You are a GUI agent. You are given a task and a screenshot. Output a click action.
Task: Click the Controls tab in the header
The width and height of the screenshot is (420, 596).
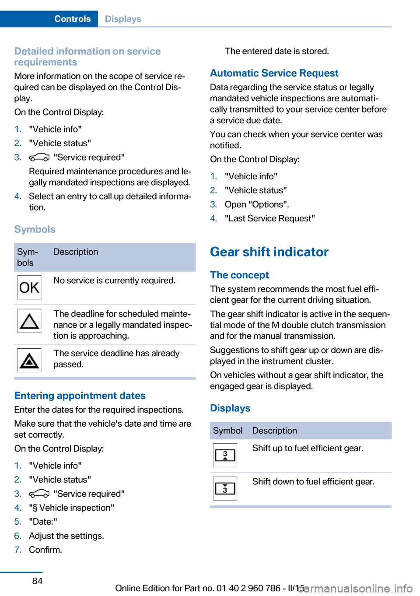72,19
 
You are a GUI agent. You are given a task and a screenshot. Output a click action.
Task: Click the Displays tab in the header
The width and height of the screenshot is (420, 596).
123,19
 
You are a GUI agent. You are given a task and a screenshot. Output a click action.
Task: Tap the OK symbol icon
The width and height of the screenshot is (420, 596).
29,287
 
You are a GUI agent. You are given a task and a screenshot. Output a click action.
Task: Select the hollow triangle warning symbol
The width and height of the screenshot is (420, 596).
29,321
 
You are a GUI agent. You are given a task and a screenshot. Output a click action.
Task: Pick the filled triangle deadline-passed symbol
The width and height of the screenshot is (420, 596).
29,360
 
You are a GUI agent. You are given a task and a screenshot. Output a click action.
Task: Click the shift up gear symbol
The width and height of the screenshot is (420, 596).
225,455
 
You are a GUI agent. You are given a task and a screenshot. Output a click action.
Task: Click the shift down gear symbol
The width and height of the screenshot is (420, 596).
225,488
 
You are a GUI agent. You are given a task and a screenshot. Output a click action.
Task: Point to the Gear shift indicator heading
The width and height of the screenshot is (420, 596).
269,252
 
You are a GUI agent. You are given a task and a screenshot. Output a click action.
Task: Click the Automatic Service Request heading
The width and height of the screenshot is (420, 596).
274,73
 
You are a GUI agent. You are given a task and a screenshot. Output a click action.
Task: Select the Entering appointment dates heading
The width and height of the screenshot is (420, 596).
80,396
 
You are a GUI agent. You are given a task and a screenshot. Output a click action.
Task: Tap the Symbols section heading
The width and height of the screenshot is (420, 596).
35,229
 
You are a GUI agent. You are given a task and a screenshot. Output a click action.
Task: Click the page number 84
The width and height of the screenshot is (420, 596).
38,581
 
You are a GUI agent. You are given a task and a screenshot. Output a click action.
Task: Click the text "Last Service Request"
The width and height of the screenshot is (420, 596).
269,218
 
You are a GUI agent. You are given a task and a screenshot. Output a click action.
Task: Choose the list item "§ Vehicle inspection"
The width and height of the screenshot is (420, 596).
72,508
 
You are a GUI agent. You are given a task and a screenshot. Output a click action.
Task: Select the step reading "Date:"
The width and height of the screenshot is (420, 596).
43,522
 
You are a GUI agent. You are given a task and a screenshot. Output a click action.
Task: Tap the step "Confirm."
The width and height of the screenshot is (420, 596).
45,550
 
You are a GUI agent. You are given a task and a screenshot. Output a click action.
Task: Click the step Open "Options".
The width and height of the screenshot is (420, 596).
257,204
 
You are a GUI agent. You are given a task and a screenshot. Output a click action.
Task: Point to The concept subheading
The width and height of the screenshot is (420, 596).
239,275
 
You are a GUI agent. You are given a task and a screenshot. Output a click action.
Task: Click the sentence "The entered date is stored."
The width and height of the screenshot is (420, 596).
276,51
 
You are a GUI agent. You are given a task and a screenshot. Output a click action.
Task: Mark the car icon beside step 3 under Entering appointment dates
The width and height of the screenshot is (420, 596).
39,494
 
